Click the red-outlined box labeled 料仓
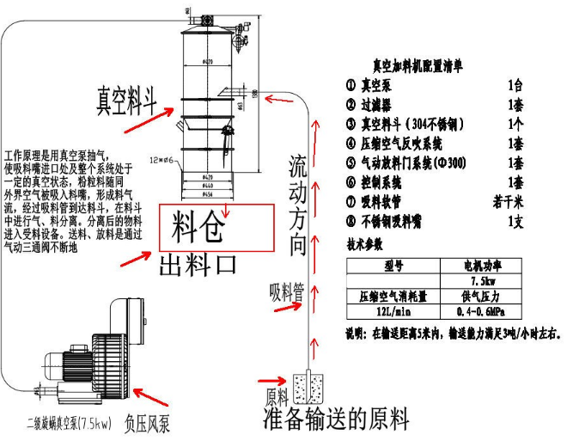point(216,227)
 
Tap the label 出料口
point(197,263)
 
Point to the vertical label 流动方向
point(297,204)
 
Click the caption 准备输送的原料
point(336,419)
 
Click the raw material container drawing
point(307,388)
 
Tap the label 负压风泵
point(158,423)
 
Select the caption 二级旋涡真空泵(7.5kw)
point(66,425)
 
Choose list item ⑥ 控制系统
point(376,182)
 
